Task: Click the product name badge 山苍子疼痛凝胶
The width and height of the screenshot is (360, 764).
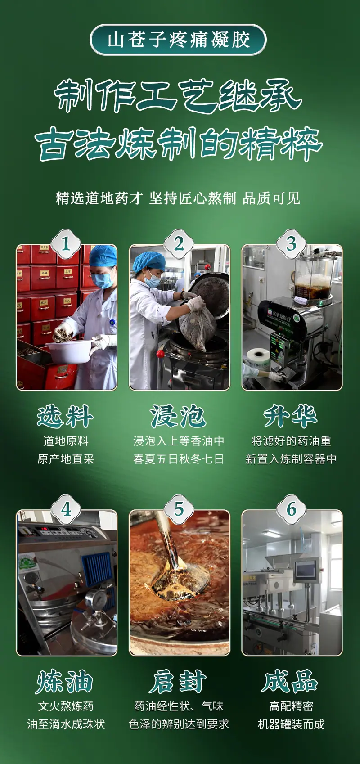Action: pyautogui.click(x=178, y=40)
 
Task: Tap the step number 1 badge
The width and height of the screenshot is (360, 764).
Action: pyautogui.click(x=66, y=244)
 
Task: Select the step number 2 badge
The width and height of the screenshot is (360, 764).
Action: pyautogui.click(x=179, y=244)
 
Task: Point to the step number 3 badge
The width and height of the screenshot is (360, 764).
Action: pyautogui.click(x=292, y=244)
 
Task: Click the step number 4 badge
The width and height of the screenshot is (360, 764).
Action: pyautogui.click(x=66, y=510)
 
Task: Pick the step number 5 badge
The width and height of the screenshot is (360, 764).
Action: pyautogui.click(x=179, y=510)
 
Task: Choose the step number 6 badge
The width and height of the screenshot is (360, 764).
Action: pyautogui.click(x=292, y=510)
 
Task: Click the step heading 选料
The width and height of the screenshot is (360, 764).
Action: pyautogui.click(x=65, y=417)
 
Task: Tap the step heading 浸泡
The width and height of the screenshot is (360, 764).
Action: pyautogui.click(x=178, y=417)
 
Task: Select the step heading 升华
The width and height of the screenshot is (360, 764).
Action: pyautogui.click(x=291, y=417)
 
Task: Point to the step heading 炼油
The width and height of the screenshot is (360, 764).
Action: pyautogui.click(x=65, y=682)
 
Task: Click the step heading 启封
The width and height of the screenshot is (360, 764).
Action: pyautogui.click(x=178, y=682)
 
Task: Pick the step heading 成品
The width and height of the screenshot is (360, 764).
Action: pyautogui.click(x=290, y=682)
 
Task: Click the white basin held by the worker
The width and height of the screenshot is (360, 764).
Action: pyautogui.click(x=70, y=351)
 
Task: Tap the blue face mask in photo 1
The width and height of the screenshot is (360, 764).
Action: pyautogui.click(x=103, y=279)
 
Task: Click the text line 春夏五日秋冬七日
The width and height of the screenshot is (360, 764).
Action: pyautogui.click(x=179, y=459)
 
